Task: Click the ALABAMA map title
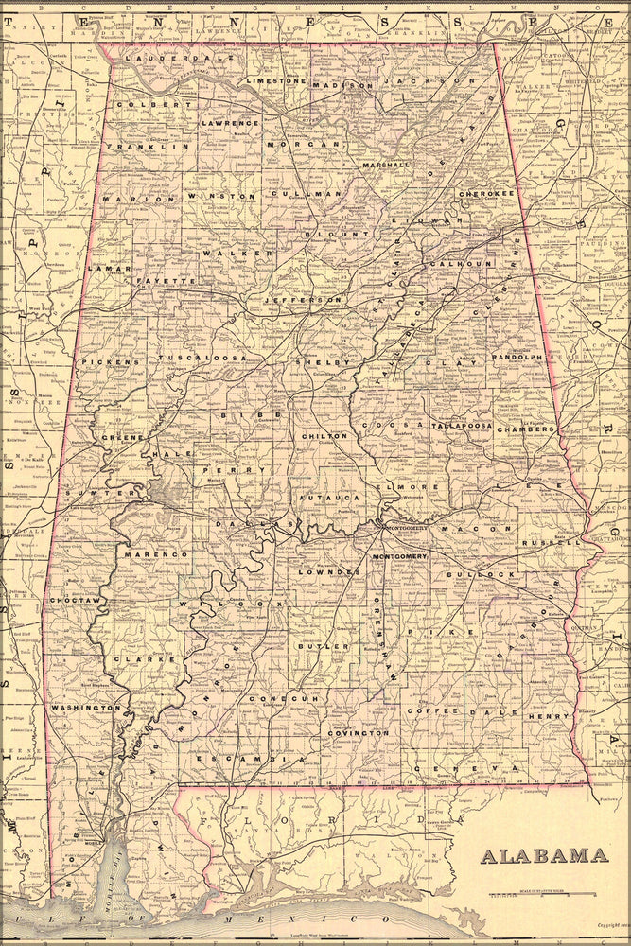click(x=544, y=856)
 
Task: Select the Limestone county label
click(x=276, y=81)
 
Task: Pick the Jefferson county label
click(x=302, y=299)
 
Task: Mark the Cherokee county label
click(x=486, y=193)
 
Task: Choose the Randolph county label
click(x=517, y=358)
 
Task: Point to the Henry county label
click(x=549, y=716)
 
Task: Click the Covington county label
click(x=359, y=732)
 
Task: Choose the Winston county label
click(x=220, y=196)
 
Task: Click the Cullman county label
click(x=292, y=193)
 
